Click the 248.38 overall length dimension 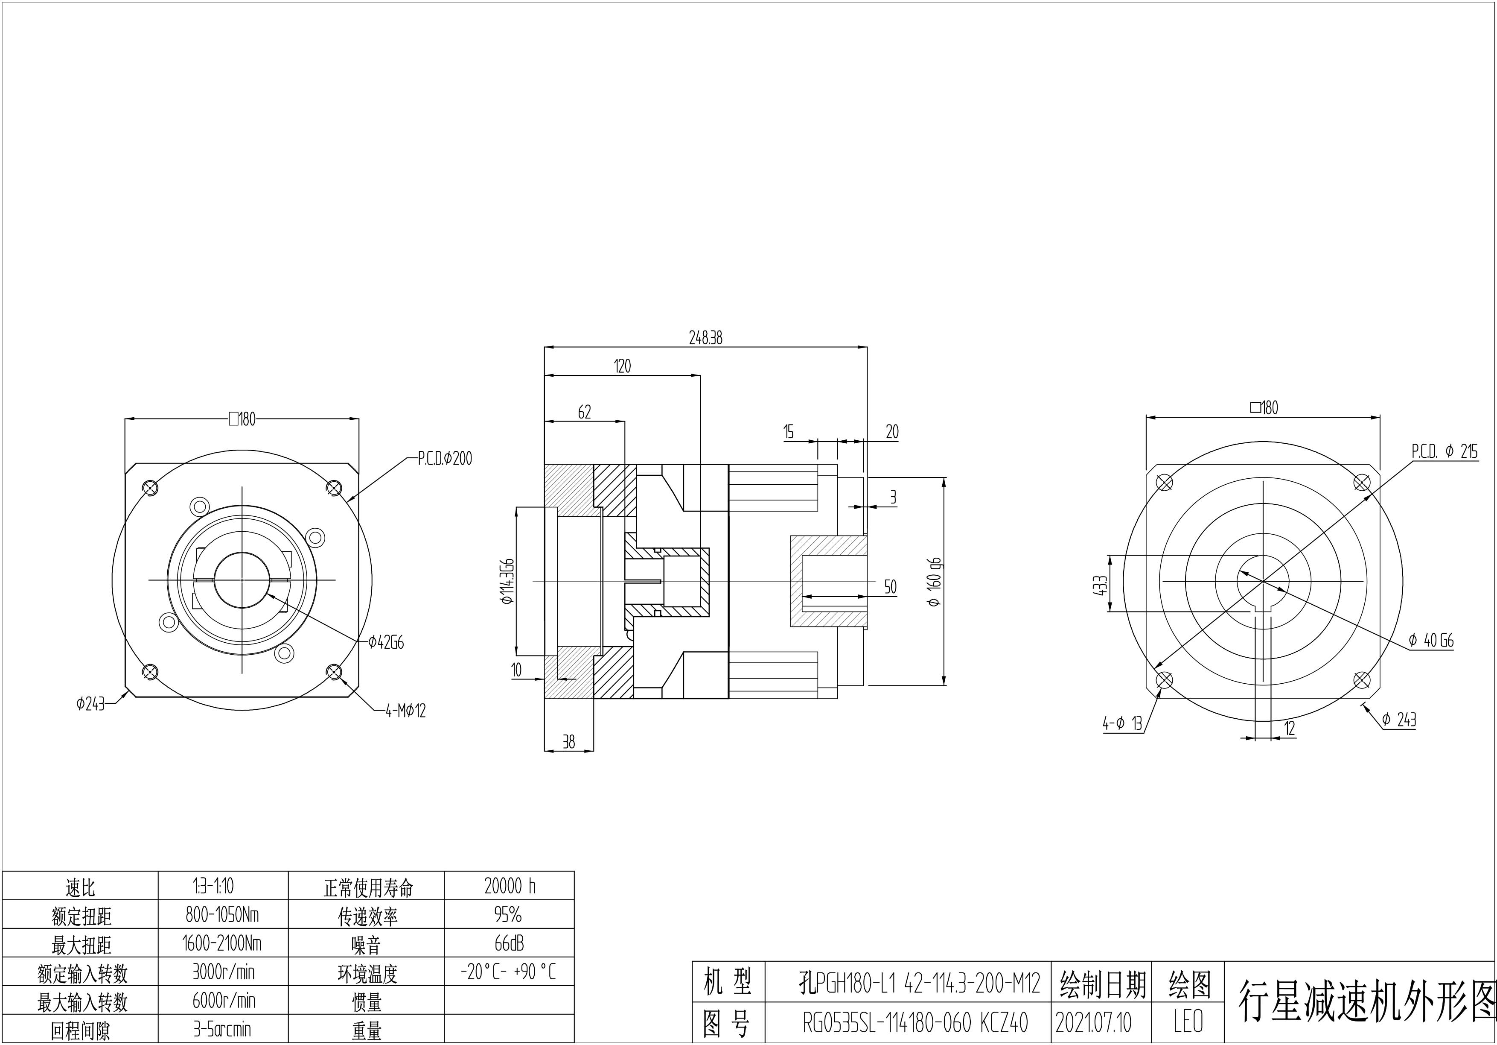(x=705, y=338)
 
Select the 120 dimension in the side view (x=622, y=366)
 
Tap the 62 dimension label (x=584, y=412)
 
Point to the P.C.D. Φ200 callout (x=445, y=459)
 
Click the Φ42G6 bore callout (x=386, y=643)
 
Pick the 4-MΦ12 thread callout (x=405, y=711)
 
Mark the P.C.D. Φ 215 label (x=1444, y=451)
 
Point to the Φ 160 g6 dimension (x=935, y=582)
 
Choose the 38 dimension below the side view (x=568, y=742)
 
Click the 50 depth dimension (x=890, y=587)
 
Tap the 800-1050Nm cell (x=222, y=915)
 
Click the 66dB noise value (x=509, y=943)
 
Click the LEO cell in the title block (x=1188, y=1022)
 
